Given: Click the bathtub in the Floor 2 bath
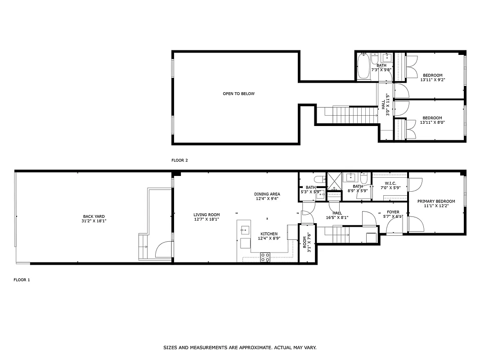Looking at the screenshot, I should click(363, 67).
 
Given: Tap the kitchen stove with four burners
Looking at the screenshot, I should click(265, 257).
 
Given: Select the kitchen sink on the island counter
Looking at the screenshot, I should click(244, 230).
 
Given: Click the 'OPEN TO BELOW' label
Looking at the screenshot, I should click(238, 94).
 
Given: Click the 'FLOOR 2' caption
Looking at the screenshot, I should click(179, 160).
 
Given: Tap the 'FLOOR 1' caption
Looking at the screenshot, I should click(22, 280).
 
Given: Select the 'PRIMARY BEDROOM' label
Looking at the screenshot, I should click(436, 201).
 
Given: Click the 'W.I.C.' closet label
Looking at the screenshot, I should click(390, 183).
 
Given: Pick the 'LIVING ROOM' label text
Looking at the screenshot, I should click(206, 215).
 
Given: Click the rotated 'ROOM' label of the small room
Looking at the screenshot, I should click(305, 243).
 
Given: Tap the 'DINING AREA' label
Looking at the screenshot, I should click(267, 194).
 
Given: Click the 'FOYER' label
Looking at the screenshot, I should click(393, 212).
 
